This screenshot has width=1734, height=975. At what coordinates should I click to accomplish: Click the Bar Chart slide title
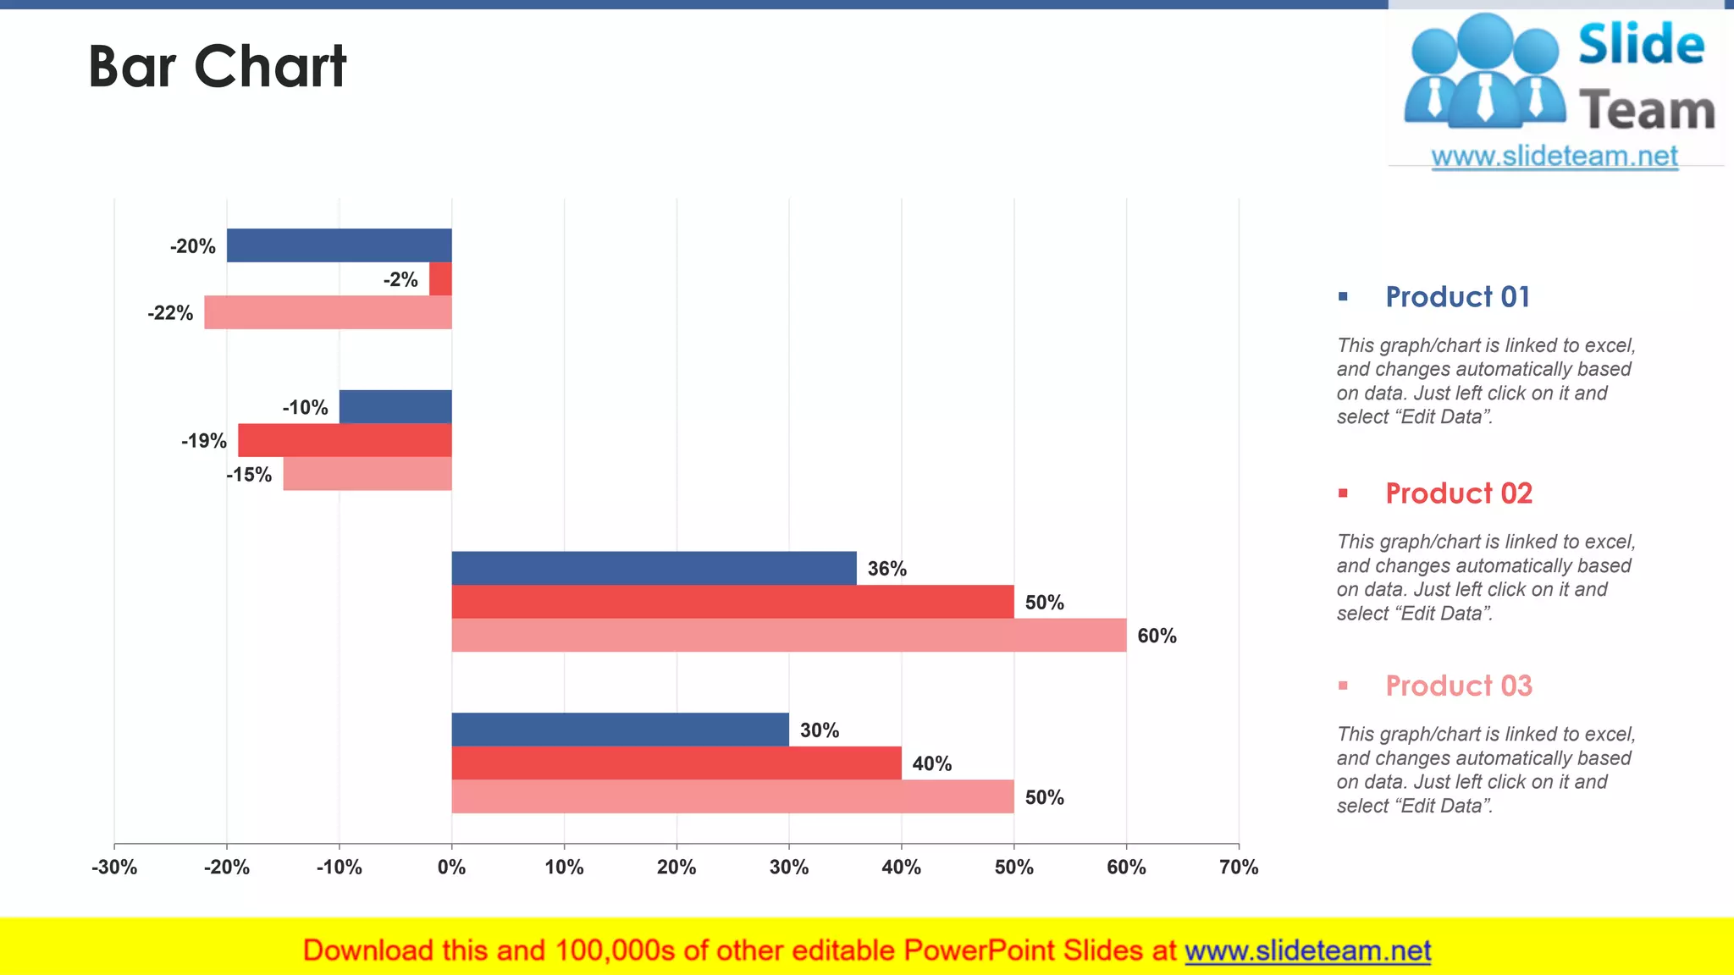(x=217, y=66)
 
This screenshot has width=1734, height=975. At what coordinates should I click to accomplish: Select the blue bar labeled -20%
(x=339, y=245)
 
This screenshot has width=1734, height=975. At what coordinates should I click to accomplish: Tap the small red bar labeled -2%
(x=440, y=279)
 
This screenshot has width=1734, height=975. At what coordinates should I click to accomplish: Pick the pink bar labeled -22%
(x=328, y=312)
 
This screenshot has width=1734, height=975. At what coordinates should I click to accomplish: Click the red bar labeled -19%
(x=345, y=440)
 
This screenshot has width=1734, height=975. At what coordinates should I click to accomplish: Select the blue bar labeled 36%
(x=654, y=568)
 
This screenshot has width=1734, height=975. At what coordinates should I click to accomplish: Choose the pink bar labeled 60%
(x=788, y=635)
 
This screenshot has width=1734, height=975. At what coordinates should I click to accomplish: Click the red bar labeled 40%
(x=676, y=763)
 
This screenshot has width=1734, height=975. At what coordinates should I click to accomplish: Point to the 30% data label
(x=819, y=730)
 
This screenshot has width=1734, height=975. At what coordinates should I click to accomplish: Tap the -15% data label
(x=249, y=475)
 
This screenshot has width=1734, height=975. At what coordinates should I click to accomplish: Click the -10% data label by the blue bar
(x=305, y=408)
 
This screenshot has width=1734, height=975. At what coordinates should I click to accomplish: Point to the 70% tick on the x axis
(x=1238, y=868)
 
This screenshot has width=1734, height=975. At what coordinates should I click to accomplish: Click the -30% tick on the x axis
(x=114, y=868)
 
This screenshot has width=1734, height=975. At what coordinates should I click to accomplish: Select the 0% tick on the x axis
(x=451, y=868)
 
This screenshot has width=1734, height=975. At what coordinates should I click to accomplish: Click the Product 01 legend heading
(x=1457, y=297)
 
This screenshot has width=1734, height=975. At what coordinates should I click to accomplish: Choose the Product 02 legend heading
(x=1458, y=493)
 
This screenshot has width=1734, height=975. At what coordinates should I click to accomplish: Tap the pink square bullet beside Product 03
(x=1343, y=686)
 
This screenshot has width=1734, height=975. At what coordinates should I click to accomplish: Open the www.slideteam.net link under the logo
(x=1555, y=157)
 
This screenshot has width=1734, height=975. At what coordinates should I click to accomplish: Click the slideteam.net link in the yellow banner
(x=1307, y=950)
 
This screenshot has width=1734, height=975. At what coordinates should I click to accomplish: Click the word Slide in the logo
(x=1641, y=45)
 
